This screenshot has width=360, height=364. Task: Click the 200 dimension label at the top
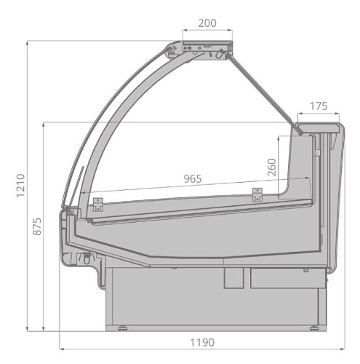(207, 23)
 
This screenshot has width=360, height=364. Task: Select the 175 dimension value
(319, 106)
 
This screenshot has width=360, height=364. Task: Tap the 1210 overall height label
(20, 186)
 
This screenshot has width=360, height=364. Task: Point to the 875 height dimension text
(37, 226)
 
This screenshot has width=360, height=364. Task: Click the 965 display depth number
(193, 179)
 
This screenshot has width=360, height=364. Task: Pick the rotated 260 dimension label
(272, 167)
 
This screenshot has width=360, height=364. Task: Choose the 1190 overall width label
(202, 343)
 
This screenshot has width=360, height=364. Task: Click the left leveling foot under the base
(123, 328)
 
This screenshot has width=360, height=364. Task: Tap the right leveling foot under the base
(314, 328)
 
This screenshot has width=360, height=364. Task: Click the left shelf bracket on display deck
(98, 205)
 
